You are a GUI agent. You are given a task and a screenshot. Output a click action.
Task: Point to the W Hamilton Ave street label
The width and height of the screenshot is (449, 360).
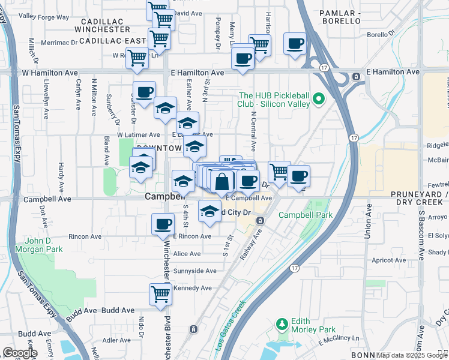50,72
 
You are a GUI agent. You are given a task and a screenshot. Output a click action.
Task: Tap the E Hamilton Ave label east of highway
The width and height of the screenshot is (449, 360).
393,72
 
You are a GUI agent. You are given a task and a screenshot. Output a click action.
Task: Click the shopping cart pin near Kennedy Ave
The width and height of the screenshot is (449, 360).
161,295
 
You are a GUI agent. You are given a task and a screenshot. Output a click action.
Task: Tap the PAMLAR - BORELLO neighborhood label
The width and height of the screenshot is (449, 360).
340,16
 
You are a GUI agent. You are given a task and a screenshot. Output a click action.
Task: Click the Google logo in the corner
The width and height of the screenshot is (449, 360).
20,353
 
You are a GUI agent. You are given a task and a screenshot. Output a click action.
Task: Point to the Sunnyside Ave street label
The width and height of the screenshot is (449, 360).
194,271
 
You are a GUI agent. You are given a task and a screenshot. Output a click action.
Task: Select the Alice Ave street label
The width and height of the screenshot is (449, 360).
187,254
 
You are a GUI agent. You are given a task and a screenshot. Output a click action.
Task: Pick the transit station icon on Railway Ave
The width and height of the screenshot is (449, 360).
260,221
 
